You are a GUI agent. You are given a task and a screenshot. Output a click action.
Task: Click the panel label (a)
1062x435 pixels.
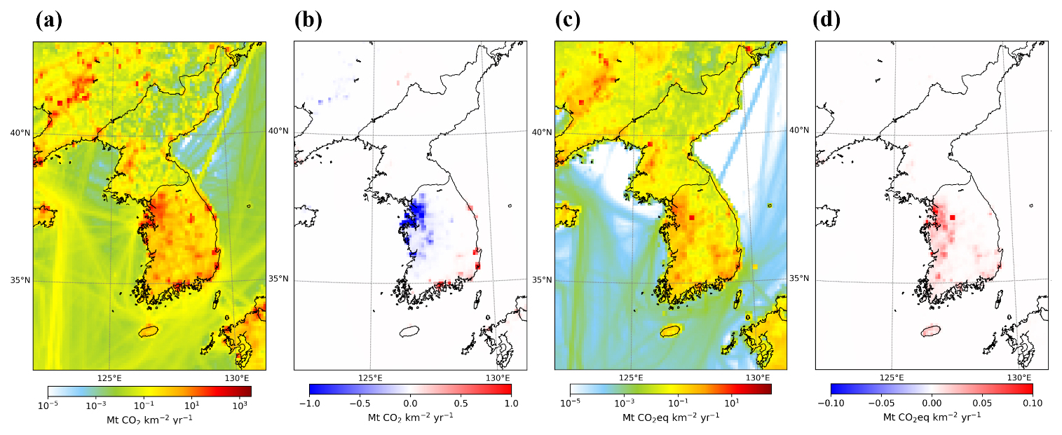click(x=49, y=20)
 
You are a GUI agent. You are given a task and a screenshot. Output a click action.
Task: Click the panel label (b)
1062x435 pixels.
click(x=308, y=20)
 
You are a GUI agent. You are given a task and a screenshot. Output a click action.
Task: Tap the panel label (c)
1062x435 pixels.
click(x=568, y=20)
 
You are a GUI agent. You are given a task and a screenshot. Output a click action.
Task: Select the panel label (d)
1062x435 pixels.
click(x=826, y=20)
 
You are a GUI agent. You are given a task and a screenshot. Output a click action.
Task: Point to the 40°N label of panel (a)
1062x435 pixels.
click(x=20, y=132)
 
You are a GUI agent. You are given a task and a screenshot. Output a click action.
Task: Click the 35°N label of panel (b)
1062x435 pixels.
click(x=278, y=279)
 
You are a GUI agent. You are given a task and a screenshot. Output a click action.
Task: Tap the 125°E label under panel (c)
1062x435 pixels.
click(x=631, y=378)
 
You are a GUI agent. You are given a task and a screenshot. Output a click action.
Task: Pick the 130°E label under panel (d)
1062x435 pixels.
click(x=1019, y=378)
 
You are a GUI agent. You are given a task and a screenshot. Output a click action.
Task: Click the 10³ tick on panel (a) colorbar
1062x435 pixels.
click(x=240, y=405)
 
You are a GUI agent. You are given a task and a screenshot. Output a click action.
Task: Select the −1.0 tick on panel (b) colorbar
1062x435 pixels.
click(x=310, y=403)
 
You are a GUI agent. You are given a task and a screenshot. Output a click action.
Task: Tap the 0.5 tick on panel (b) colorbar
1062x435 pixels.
click(x=461, y=403)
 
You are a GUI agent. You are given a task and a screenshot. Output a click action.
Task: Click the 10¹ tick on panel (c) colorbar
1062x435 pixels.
click(x=732, y=403)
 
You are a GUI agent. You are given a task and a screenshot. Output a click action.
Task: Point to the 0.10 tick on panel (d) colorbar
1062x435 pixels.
click(x=1033, y=403)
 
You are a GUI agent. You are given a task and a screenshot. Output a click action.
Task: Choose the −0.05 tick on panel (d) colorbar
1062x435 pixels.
click(x=881, y=403)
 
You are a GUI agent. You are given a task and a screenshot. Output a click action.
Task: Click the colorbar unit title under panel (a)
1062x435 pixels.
click(x=149, y=420)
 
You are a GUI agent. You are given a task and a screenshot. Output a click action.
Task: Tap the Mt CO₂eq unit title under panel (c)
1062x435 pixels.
click(x=670, y=417)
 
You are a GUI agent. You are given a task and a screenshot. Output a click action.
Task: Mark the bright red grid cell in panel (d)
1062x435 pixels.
click(x=953, y=217)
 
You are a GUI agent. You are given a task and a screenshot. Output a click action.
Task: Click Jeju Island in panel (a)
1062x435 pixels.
click(x=149, y=331)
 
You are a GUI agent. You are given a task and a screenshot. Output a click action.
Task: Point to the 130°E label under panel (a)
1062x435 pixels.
click(x=236, y=378)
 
